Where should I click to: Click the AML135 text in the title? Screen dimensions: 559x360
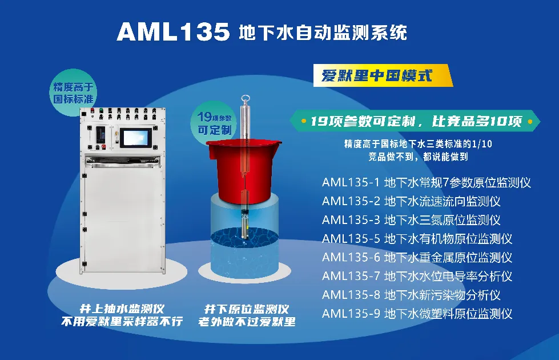pos(173,32)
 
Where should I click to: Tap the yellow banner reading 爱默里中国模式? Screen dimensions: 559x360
pos(382,75)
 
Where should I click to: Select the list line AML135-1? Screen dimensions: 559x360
pos(426,183)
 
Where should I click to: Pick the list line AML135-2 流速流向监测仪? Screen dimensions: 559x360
pos(411,201)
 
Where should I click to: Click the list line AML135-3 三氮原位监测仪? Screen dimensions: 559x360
pos(411,220)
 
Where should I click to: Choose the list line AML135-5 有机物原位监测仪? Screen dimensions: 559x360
pos(417,239)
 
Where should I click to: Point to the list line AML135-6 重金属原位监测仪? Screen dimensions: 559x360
pos(417,258)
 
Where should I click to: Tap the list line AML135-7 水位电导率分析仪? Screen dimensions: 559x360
pos(417,276)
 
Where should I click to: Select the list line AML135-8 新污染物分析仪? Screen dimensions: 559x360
pos(411,295)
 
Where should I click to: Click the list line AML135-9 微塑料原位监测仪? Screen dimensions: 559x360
pos(417,314)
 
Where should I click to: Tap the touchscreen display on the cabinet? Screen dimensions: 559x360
pos(136,137)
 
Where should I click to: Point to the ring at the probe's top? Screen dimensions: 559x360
pos(245,99)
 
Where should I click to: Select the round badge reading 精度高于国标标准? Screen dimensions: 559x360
pos(73,93)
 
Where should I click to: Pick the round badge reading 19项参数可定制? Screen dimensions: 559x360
pos(214,123)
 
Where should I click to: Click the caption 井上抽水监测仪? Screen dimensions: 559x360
pos(122,309)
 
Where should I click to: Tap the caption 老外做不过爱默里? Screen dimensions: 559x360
pos(247,322)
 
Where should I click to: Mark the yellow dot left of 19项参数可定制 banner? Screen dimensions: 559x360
pos(304,121)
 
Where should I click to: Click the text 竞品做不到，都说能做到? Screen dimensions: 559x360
pos(418,157)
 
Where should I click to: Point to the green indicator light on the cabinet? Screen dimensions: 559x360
pos(101,110)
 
